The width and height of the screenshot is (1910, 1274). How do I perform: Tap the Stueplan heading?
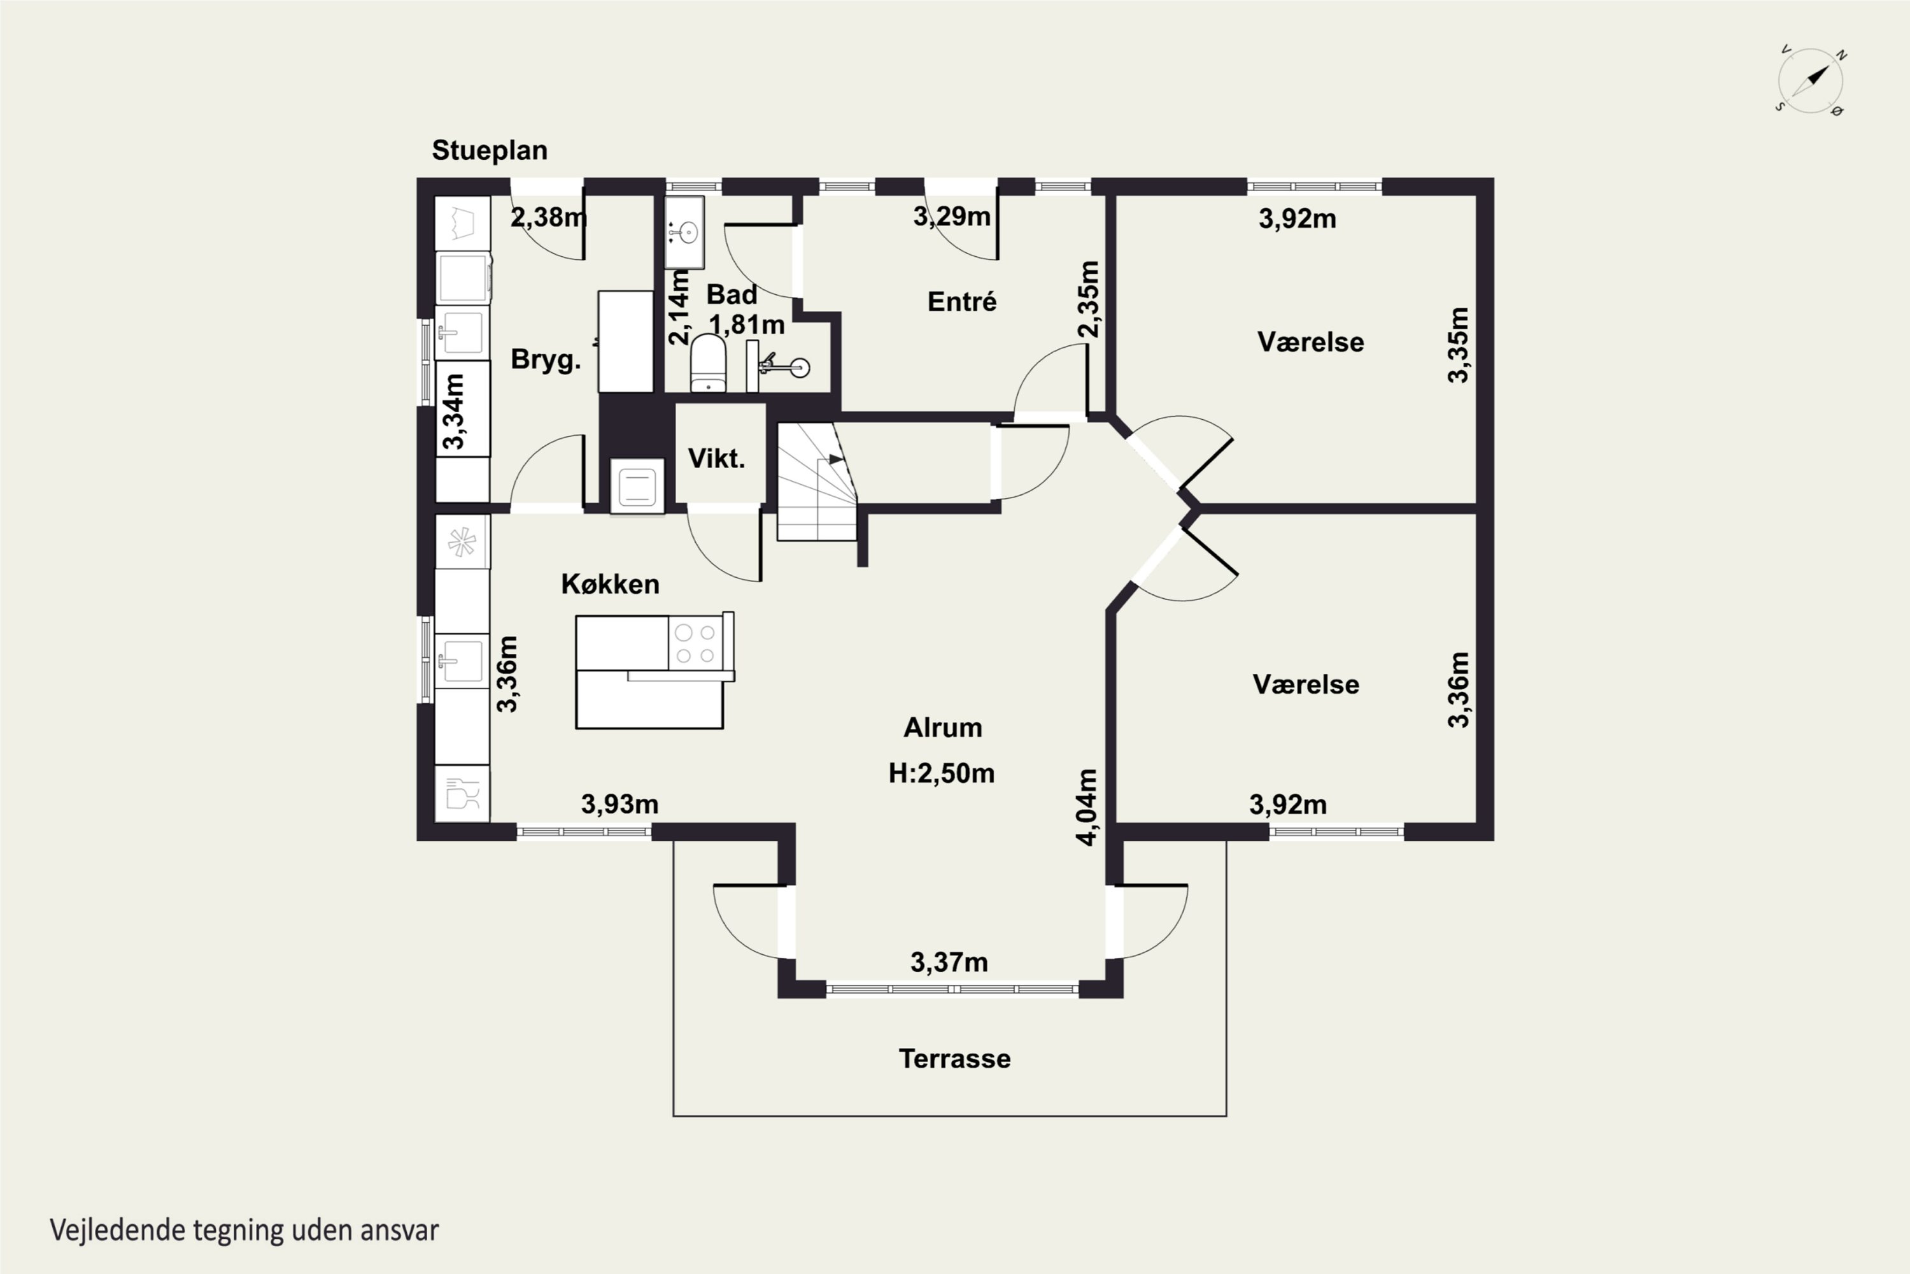point(489,150)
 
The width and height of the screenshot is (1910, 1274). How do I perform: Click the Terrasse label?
point(954,1059)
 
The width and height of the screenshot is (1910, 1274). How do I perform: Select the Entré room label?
point(961,301)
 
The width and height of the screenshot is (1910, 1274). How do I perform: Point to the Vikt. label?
point(716,458)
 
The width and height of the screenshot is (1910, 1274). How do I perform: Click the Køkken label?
point(610,584)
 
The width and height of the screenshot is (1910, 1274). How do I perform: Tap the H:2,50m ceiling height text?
point(941,773)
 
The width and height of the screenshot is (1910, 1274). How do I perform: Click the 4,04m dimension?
point(1087,807)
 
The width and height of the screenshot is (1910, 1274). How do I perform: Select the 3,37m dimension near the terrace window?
point(949,963)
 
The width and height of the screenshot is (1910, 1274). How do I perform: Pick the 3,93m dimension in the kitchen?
point(619,805)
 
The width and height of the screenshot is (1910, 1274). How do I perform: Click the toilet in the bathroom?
point(708,363)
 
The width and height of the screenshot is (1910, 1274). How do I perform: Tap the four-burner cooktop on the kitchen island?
point(696,643)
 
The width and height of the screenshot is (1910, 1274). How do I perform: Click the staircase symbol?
point(817,482)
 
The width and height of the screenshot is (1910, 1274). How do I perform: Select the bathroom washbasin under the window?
point(684,233)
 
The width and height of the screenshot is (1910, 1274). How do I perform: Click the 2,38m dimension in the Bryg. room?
point(549,218)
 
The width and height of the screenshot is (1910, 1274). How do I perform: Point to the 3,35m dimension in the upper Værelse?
point(1459,345)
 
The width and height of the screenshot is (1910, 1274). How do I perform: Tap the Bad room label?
point(731,294)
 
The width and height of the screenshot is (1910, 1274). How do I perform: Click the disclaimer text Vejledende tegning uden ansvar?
point(244,1229)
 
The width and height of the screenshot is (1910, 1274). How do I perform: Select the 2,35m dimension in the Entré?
point(1089,298)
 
